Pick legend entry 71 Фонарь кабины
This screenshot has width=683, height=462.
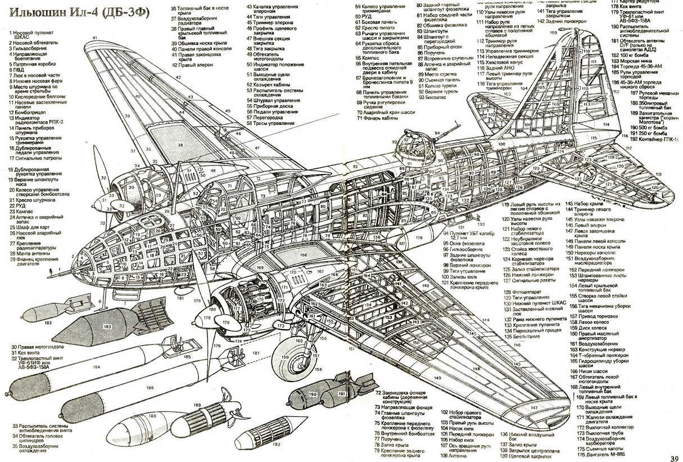click(x=382, y=119)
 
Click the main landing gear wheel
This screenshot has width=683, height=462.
click(x=292, y=357)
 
